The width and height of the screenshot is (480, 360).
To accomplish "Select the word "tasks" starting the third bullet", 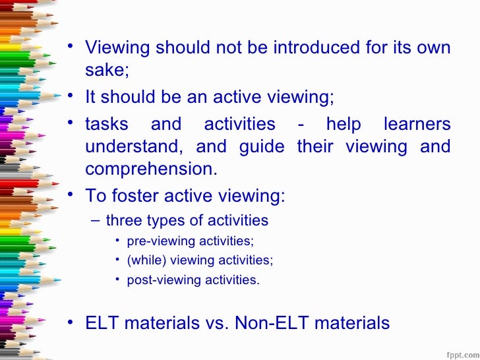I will click(x=107, y=124).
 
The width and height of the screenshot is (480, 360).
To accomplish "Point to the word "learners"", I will click(x=417, y=124).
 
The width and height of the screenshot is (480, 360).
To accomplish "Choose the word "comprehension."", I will click(x=151, y=169).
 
